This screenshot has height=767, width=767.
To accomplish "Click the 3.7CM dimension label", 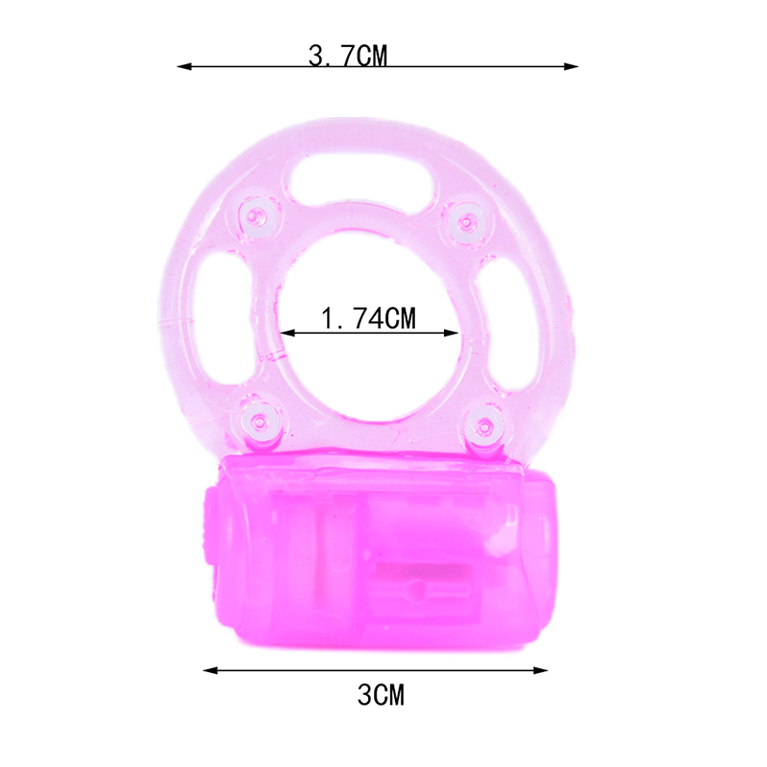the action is point(348,56).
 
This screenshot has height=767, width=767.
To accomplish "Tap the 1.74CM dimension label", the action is point(369,318).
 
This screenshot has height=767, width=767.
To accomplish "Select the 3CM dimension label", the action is point(381,695).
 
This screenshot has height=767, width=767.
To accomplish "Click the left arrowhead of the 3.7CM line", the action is point(184,66).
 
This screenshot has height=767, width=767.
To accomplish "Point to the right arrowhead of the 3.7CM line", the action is point(570,66).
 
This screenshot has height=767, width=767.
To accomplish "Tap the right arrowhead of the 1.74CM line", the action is point(451,333).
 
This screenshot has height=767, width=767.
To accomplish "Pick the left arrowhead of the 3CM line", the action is point(210,670).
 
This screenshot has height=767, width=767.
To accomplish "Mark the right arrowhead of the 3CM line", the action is point(540,670).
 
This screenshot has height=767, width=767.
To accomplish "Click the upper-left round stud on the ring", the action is point(257,217).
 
